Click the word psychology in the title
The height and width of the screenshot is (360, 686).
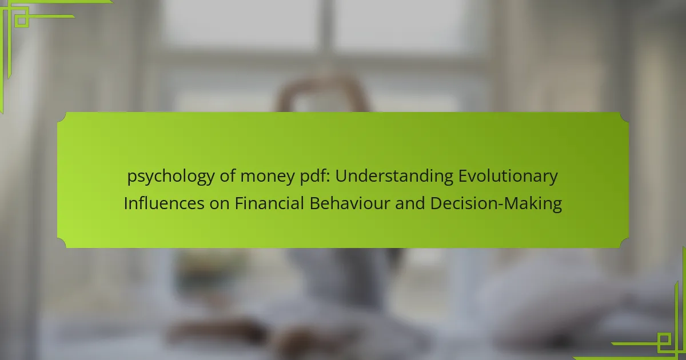[171, 177]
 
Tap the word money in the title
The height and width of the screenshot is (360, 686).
[268, 177]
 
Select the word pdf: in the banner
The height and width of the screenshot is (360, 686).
[315, 177]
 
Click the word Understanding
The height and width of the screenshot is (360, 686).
[394, 177]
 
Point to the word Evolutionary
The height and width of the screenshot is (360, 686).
[508, 177]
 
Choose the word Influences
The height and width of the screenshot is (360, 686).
[164, 203]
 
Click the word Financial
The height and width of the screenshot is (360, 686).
[269, 203]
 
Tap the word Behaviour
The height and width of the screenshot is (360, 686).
[350, 203]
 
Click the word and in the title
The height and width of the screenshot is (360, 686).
[410, 203]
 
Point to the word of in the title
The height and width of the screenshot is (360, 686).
[228, 177]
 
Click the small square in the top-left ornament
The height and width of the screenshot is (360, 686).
[22, 21]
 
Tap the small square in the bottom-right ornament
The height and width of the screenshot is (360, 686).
[664, 339]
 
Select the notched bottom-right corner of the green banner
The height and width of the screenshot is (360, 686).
[624, 243]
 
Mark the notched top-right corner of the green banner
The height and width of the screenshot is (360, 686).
[624, 117]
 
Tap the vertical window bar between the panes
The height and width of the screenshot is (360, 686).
[326, 27]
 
